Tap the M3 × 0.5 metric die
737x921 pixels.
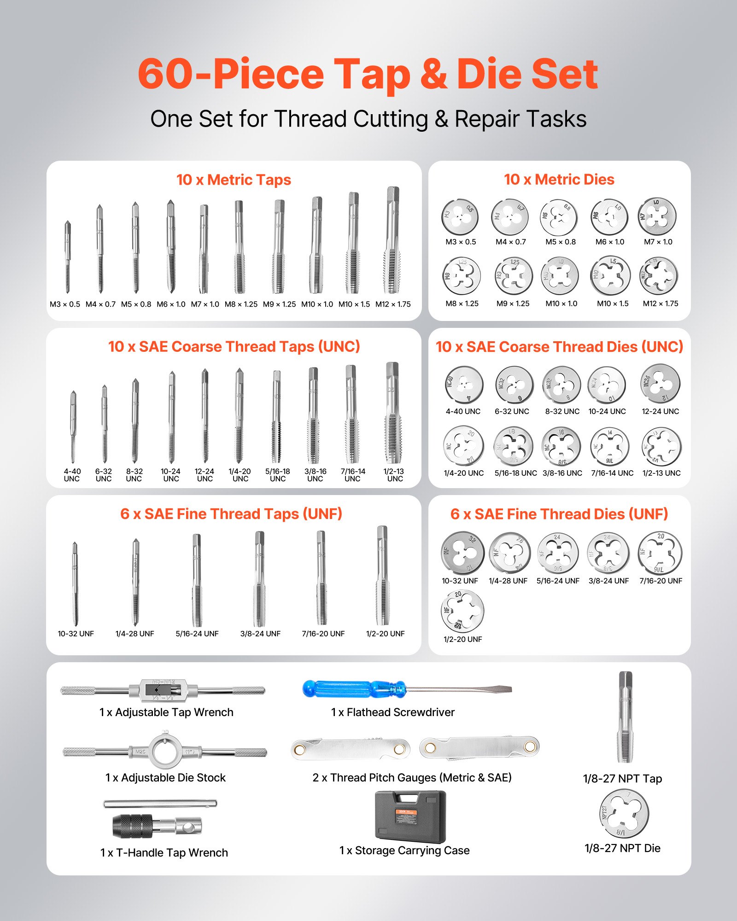460,216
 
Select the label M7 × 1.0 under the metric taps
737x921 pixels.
205,304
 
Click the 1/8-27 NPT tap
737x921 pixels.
625,718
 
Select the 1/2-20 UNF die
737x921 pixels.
462,611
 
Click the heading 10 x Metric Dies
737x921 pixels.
559,180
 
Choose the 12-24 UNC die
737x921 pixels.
660,384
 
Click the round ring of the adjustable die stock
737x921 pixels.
165,752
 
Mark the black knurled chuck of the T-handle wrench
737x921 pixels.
133,826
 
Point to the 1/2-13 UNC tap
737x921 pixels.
392,414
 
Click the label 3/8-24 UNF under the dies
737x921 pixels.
608,581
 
